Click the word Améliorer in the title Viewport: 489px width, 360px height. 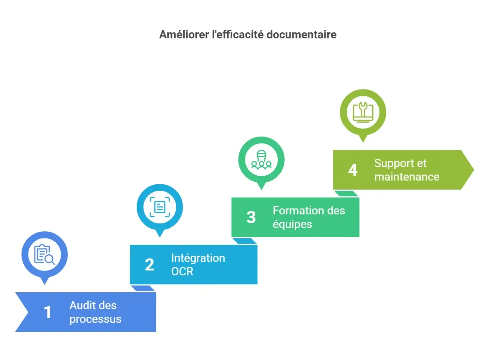[184, 35]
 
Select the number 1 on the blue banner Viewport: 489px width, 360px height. [48, 312]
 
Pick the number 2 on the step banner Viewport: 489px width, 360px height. [149, 265]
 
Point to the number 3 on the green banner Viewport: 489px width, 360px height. [251, 217]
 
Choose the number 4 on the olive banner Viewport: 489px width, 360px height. [353, 170]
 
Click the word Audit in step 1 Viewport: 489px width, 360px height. [82, 305]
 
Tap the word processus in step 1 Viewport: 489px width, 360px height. [95, 319]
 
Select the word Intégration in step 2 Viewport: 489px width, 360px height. [198, 258]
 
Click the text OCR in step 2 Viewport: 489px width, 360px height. [182, 272]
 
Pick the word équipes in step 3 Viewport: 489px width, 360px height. [292, 224]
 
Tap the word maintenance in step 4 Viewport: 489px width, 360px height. [407, 177]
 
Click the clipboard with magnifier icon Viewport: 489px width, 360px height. [44, 255]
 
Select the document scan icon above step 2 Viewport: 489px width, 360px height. [160, 207]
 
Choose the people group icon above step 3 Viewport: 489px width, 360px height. [261, 160]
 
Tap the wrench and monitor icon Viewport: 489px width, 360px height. [363, 112]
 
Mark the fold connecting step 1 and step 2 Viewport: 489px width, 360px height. [143, 289]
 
